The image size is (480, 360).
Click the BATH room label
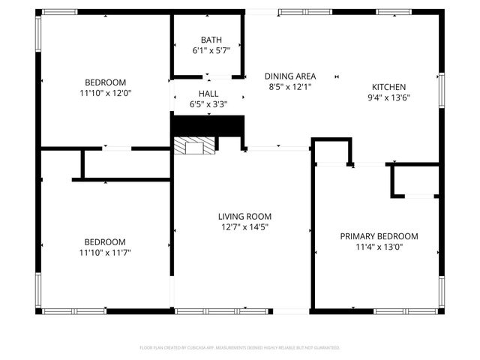click(209, 40)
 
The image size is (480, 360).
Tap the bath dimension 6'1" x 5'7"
click(209, 50)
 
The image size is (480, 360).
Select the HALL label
click(208, 94)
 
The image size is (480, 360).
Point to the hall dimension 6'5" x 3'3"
click(208, 104)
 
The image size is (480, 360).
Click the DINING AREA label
click(290, 76)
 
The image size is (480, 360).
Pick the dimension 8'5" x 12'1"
click(290, 86)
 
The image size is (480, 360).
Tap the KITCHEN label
click(388, 87)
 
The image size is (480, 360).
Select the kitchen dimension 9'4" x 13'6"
click(388, 97)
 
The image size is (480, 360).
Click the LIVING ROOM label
click(243, 216)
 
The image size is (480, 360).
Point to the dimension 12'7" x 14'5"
click(243, 226)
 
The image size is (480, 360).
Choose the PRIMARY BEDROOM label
click(379, 236)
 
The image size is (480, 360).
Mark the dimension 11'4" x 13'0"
click(379, 247)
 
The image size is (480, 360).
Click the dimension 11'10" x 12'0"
click(105, 93)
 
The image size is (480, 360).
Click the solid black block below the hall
click(208, 125)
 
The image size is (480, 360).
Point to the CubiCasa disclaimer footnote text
click(240, 348)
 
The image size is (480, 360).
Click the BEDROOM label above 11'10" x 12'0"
click(105, 82)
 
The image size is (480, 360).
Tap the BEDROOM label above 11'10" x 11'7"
click(105, 241)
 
